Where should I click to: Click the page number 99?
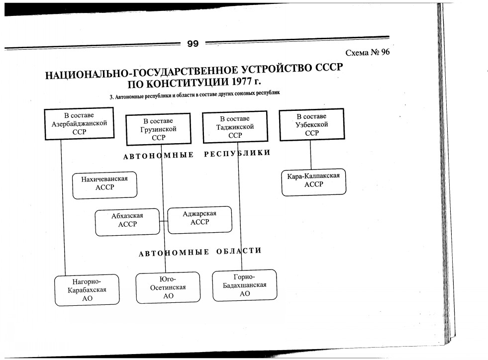(193, 44)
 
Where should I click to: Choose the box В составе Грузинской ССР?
(158, 129)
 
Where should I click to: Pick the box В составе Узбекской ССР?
(311, 125)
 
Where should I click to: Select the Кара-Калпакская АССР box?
(313, 180)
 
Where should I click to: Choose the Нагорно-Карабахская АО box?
(87, 290)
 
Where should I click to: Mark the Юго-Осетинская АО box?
(168, 287)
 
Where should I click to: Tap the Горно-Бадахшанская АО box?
(244, 285)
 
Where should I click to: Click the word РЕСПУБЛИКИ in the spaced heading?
(237, 153)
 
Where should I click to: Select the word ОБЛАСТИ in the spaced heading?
(239, 251)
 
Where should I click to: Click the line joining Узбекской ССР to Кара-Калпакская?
(311, 154)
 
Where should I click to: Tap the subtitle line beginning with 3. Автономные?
(195, 94)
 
